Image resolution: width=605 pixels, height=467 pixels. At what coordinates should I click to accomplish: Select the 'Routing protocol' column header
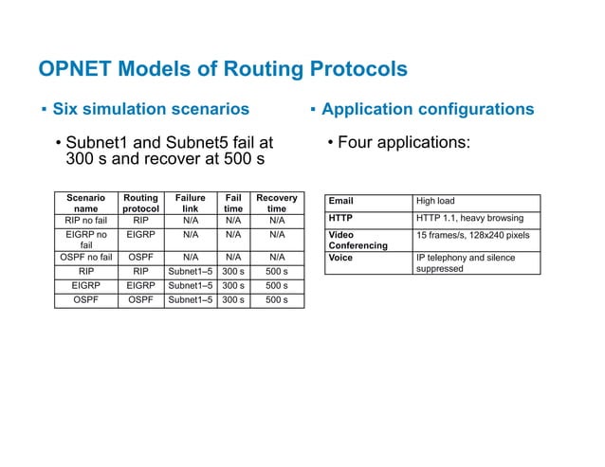[x=141, y=204]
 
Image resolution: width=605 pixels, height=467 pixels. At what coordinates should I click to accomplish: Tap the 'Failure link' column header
[x=190, y=204]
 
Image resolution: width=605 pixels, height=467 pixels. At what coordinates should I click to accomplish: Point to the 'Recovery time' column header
[x=276, y=204]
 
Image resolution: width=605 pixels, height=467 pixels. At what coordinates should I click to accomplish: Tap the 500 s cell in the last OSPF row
[x=277, y=302]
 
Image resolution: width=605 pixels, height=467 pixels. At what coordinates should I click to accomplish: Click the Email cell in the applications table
[x=340, y=202]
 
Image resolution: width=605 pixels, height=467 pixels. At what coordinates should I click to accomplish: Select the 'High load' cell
[x=437, y=202]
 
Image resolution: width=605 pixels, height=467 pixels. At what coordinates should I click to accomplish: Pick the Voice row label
[x=339, y=257]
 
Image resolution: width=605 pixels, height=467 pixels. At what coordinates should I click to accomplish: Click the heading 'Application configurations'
[x=428, y=109]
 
